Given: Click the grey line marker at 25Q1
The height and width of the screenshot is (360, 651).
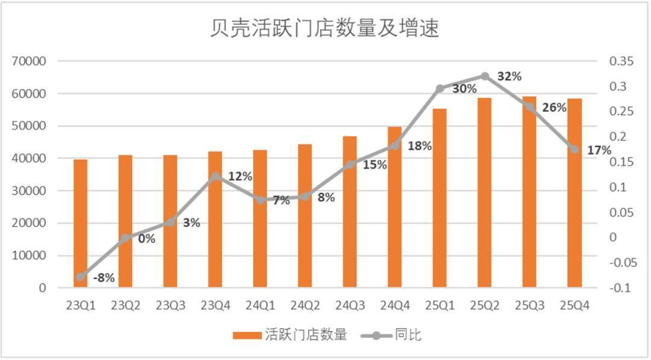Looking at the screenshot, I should pyautogui.click(x=440, y=89).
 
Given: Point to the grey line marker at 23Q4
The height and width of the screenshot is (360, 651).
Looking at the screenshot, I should pyautogui.click(x=216, y=177).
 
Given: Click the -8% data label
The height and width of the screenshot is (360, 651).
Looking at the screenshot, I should pyautogui.click(x=104, y=279).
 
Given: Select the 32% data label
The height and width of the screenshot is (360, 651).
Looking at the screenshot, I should pyautogui.click(x=509, y=77).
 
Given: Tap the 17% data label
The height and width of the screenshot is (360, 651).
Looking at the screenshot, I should pyautogui.click(x=599, y=151).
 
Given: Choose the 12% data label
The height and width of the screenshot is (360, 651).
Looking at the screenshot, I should pyautogui.click(x=240, y=177).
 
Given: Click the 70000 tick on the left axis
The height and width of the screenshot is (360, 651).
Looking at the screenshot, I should pyautogui.click(x=30, y=62).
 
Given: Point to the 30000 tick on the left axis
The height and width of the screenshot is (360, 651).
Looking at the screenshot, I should pyautogui.click(x=30, y=191).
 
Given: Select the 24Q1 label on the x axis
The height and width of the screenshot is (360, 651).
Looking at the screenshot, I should pyautogui.click(x=260, y=306).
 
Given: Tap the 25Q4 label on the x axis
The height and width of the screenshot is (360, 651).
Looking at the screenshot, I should pyautogui.click(x=574, y=306).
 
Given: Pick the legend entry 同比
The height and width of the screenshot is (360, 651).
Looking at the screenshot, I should pyautogui.click(x=408, y=335).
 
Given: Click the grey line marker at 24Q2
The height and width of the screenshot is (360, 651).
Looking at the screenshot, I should pyautogui.click(x=306, y=197).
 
